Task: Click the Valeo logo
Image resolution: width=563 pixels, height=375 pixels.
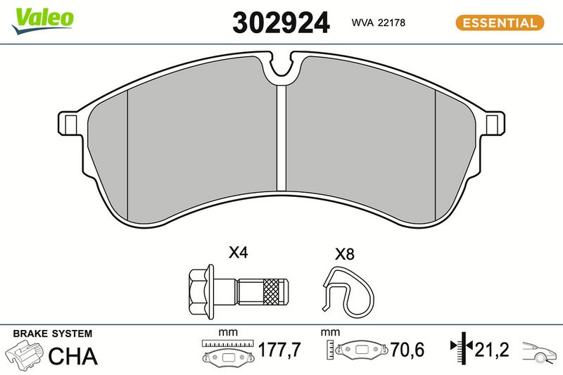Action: tap(42, 20)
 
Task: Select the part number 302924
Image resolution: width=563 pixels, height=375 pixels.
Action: tap(281, 23)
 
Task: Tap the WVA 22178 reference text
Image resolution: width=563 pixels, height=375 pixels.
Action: tap(378, 23)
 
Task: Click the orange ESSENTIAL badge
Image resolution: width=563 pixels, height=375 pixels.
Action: tap(500, 23)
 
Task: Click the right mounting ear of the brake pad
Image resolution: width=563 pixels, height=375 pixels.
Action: tap(493, 123)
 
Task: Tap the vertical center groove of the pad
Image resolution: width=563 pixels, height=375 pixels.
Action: tap(282, 138)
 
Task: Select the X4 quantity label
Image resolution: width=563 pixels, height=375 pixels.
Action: tap(238, 253)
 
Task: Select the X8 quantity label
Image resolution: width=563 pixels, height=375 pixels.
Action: tap(344, 254)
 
